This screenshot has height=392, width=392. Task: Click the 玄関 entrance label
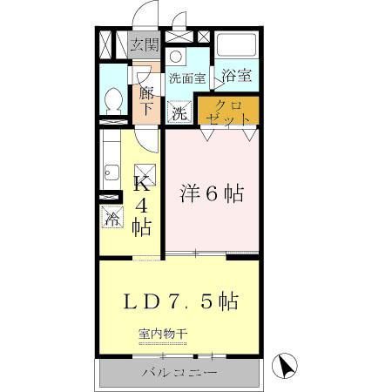point(145,44)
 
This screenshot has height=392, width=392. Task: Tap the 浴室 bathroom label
point(236,76)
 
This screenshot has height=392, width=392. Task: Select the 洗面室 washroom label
point(187,78)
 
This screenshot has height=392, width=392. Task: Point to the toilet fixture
point(113,101)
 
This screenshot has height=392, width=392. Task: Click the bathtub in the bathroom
point(237,45)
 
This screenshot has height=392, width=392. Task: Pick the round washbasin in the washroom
point(175,57)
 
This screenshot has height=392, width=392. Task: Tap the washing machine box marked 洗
point(179,112)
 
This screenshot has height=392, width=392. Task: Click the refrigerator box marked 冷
point(112,217)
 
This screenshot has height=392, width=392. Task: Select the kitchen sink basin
point(112,172)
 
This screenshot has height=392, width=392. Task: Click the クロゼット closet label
point(228,112)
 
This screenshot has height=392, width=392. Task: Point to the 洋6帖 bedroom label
point(212,193)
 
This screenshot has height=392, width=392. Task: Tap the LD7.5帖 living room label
point(180,301)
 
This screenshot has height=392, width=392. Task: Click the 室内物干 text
point(163,334)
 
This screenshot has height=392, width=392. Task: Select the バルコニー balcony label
point(179,373)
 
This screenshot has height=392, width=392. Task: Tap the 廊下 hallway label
point(146,100)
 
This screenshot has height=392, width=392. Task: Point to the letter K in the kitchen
point(142,183)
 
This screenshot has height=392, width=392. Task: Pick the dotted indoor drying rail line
point(163,344)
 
